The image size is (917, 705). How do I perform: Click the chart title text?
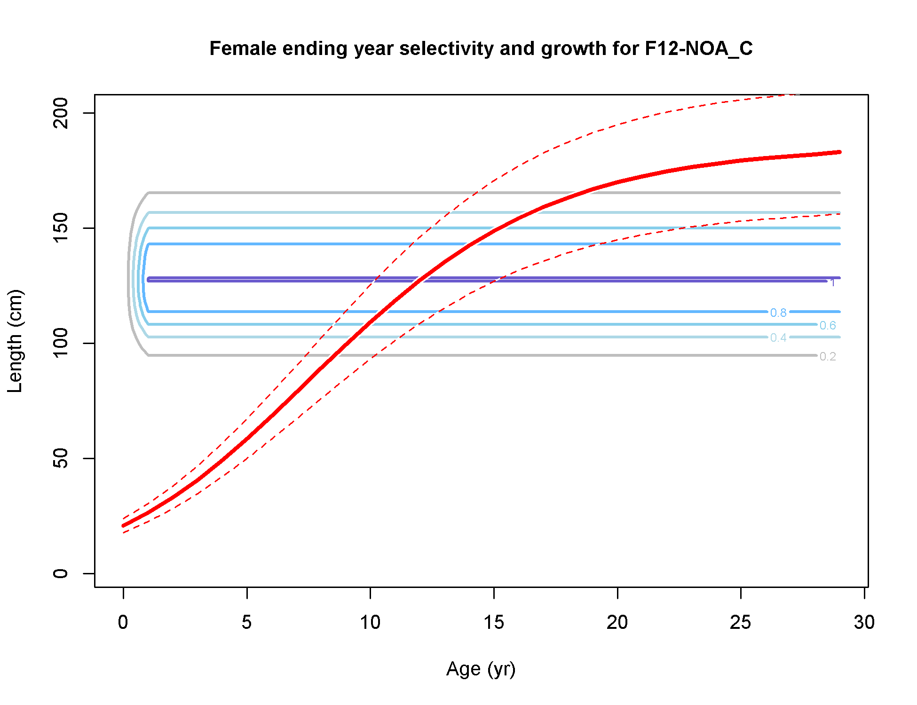point(481,48)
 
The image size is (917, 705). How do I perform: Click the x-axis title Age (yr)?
point(481,669)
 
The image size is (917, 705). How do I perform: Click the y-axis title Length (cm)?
point(15,341)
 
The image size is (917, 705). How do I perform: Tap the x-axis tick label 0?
point(123,622)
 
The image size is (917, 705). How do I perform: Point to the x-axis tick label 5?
point(247,622)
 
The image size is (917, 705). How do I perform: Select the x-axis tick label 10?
point(370,622)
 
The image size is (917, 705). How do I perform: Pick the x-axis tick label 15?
point(494,622)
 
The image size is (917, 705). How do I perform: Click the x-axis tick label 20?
point(617,622)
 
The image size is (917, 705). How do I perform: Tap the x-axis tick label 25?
point(741,622)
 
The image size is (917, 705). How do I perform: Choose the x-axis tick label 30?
point(864,622)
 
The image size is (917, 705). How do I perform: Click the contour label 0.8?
point(778,313)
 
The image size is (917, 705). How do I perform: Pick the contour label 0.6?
point(828,325)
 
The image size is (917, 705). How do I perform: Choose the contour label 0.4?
point(778,337)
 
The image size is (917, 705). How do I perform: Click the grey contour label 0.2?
point(828,356)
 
